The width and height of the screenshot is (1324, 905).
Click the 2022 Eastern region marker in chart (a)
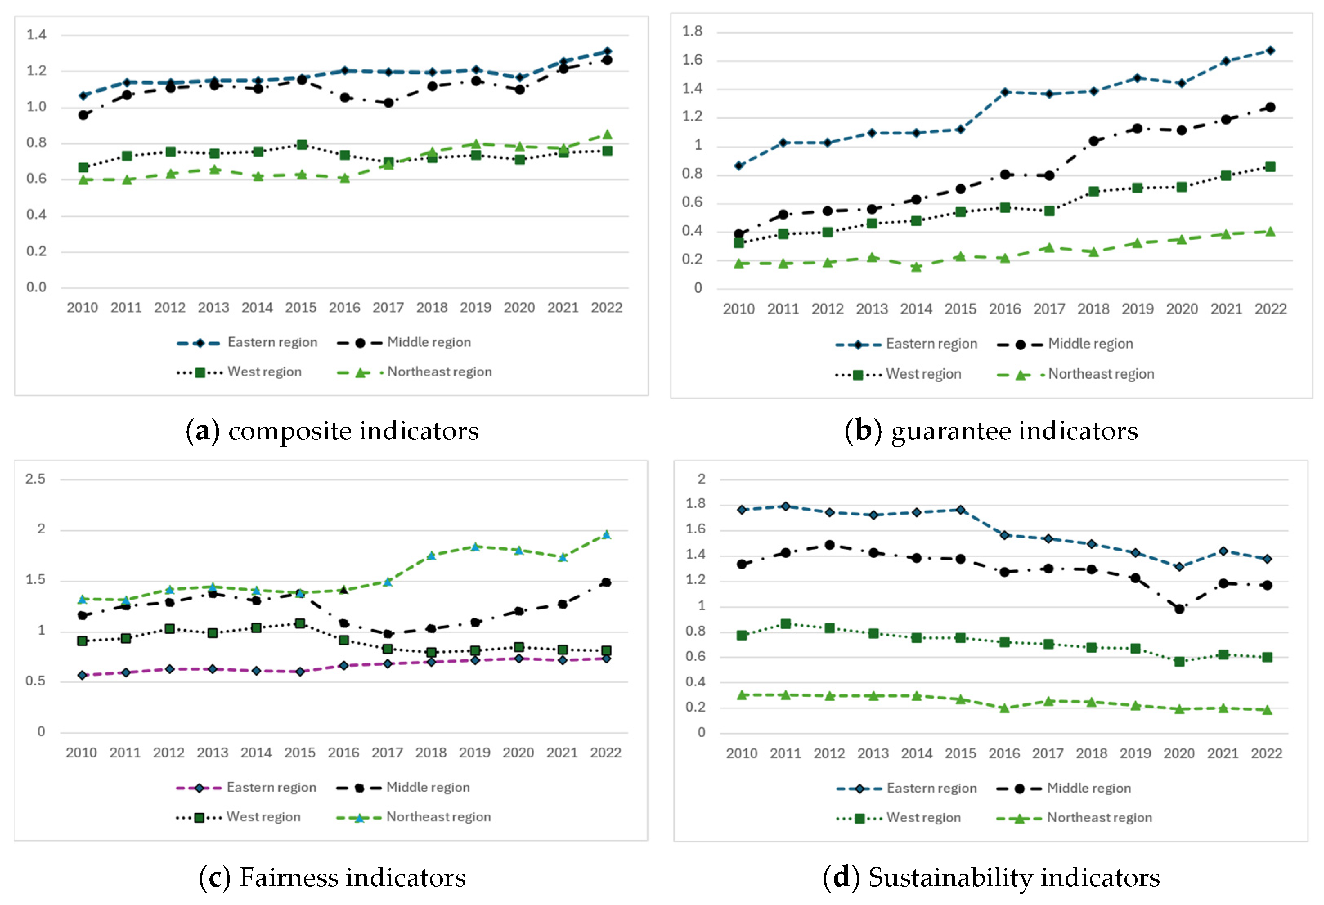pyautogui.click(x=607, y=51)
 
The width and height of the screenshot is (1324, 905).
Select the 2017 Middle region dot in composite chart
pyautogui.click(x=388, y=103)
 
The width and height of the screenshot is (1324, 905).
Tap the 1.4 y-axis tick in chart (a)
pyautogui.click(x=36, y=35)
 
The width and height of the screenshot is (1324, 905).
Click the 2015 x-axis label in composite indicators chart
pyautogui.click(x=301, y=307)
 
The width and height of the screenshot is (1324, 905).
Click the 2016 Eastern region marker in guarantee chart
pyautogui.click(x=1005, y=92)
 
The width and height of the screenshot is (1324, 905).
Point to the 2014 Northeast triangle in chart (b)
pyautogui.click(x=916, y=267)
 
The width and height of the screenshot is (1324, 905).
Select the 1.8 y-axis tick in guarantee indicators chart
pyautogui.click(x=692, y=31)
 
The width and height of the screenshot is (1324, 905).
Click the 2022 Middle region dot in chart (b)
pyautogui.click(x=1270, y=107)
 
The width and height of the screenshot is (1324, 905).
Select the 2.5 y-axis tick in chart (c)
pyautogui.click(x=35, y=479)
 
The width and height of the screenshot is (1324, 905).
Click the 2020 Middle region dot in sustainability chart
pyautogui.click(x=1179, y=609)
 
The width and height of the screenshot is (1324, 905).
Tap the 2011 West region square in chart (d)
pyautogui.click(x=785, y=624)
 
